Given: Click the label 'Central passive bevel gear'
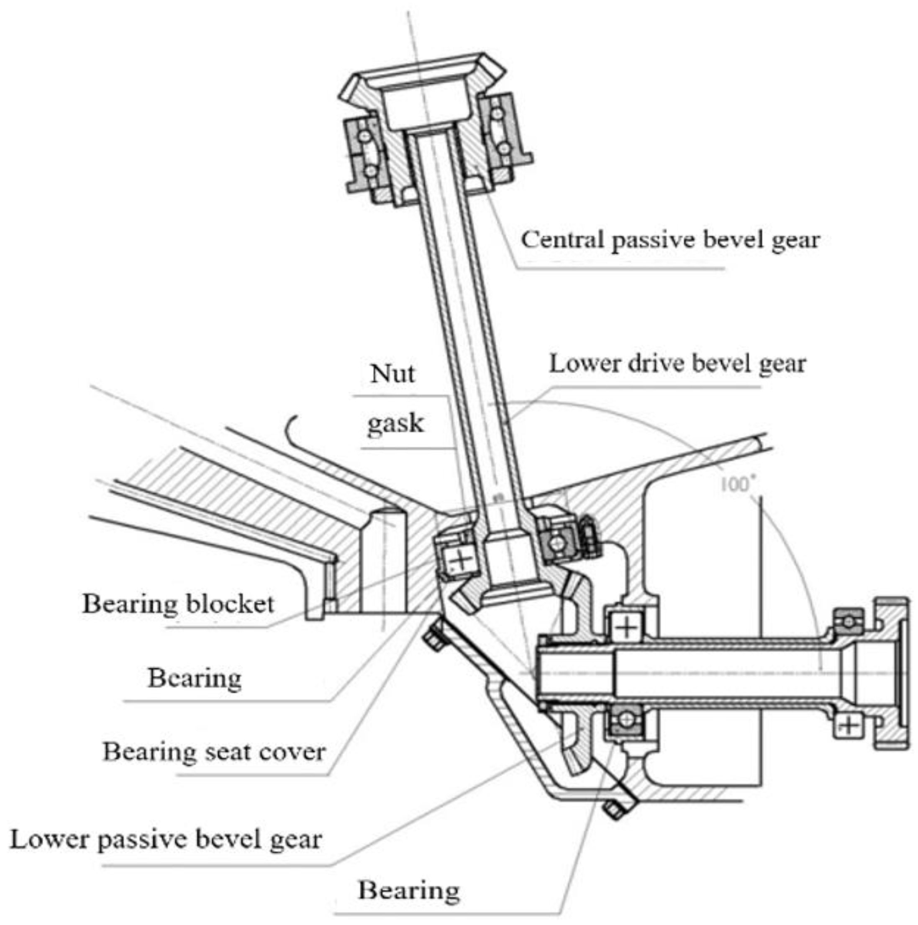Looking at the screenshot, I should click(x=670, y=240).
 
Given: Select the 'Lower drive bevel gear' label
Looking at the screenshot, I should click(x=677, y=364).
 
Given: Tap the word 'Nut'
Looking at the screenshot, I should click(x=392, y=374).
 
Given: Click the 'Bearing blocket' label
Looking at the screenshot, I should click(x=179, y=604).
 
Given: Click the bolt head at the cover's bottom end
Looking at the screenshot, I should click(x=613, y=809).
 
